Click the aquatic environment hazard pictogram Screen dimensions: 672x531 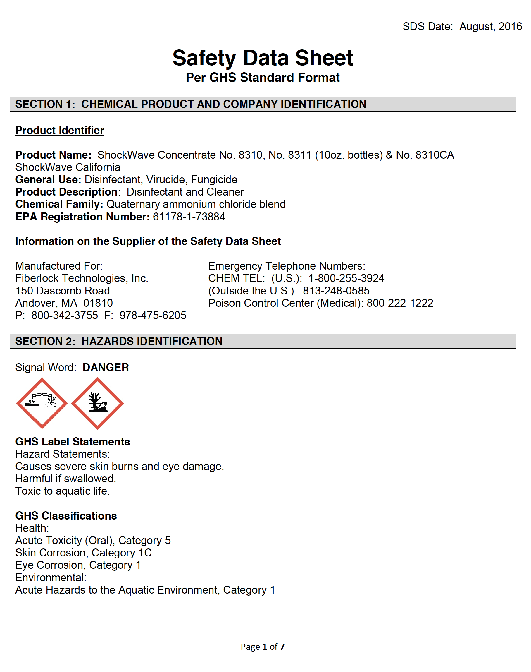(x=97, y=403)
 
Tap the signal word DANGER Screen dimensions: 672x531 (x=106, y=367)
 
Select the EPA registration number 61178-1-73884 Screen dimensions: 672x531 (x=189, y=217)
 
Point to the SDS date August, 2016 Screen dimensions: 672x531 (x=490, y=26)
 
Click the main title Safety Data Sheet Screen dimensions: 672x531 (x=262, y=58)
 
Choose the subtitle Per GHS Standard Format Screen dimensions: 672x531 (x=262, y=78)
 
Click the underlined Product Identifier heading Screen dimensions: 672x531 (x=60, y=130)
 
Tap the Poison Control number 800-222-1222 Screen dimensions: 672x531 (x=399, y=303)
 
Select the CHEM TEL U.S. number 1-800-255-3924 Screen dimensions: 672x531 (x=346, y=278)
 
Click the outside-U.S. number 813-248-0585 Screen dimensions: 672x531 (x=336, y=291)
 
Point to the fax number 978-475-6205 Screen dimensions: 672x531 (x=153, y=315)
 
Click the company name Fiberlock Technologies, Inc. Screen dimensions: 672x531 (x=82, y=278)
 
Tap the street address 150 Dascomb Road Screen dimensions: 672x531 (x=63, y=291)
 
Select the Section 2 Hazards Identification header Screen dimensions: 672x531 (x=119, y=341)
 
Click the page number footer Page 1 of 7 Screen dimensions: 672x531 (x=262, y=647)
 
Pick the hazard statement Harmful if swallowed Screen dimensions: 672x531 (x=65, y=479)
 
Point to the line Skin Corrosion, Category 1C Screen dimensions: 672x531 (x=83, y=553)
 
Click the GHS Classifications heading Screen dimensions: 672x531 (x=66, y=515)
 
